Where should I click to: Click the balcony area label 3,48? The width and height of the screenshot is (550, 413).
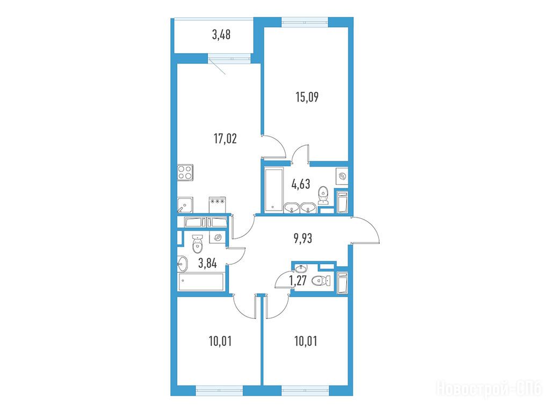(221, 35)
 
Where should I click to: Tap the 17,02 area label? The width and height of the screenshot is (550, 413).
(225, 139)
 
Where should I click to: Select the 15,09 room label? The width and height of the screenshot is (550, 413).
(307, 97)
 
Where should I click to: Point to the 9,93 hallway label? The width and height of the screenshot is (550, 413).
(303, 239)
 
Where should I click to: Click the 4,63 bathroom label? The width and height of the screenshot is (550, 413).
(301, 184)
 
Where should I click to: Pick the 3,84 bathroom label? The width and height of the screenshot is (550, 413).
(207, 263)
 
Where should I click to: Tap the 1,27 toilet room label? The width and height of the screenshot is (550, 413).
(298, 281)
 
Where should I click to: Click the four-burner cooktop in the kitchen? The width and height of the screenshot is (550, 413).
(185, 173)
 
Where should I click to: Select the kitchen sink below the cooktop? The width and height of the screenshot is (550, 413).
(185, 205)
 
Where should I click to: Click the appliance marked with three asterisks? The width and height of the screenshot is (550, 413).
(217, 205)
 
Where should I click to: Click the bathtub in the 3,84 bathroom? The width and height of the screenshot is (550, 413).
(201, 282)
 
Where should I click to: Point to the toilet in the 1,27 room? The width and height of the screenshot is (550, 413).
(321, 281)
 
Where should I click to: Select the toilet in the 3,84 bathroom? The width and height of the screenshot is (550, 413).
(198, 244)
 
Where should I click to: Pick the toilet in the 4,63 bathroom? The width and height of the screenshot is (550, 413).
(323, 195)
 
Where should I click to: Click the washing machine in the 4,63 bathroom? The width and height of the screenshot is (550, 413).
(342, 176)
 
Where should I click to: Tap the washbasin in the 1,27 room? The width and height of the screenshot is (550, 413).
(300, 268)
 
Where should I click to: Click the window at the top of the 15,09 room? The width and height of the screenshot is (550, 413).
(305, 22)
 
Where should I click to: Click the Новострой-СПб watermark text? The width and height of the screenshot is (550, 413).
(489, 389)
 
